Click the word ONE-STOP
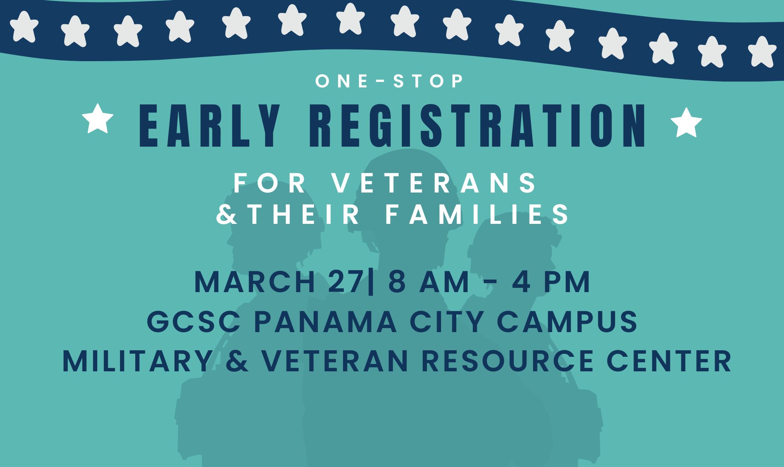(x=390, y=81)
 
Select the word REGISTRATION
(x=478, y=126)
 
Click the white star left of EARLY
(x=98, y=118)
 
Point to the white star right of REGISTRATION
(x=686, y=123)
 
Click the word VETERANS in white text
(x=435, y=183)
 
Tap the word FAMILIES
(x=477, y=214)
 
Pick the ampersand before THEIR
(x=227, y=214)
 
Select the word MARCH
(x=255, y=282)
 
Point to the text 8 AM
(x=429, y=282)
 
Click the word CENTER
(x=669, y=361)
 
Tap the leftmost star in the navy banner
(x=24, y=26)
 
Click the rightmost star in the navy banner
(x=762, y=51)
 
